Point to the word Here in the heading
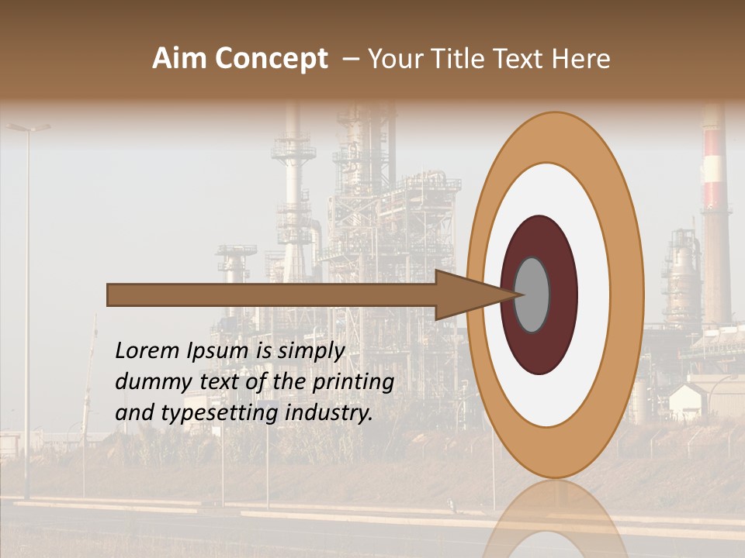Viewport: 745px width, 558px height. (580, 59)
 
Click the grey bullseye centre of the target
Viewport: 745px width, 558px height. (532, 294)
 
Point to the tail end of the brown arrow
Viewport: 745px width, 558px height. (113, 294)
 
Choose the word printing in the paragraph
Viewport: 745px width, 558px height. (353, 383)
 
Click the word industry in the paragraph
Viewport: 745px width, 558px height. (328, 413)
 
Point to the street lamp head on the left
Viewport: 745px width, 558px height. (29, 126)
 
